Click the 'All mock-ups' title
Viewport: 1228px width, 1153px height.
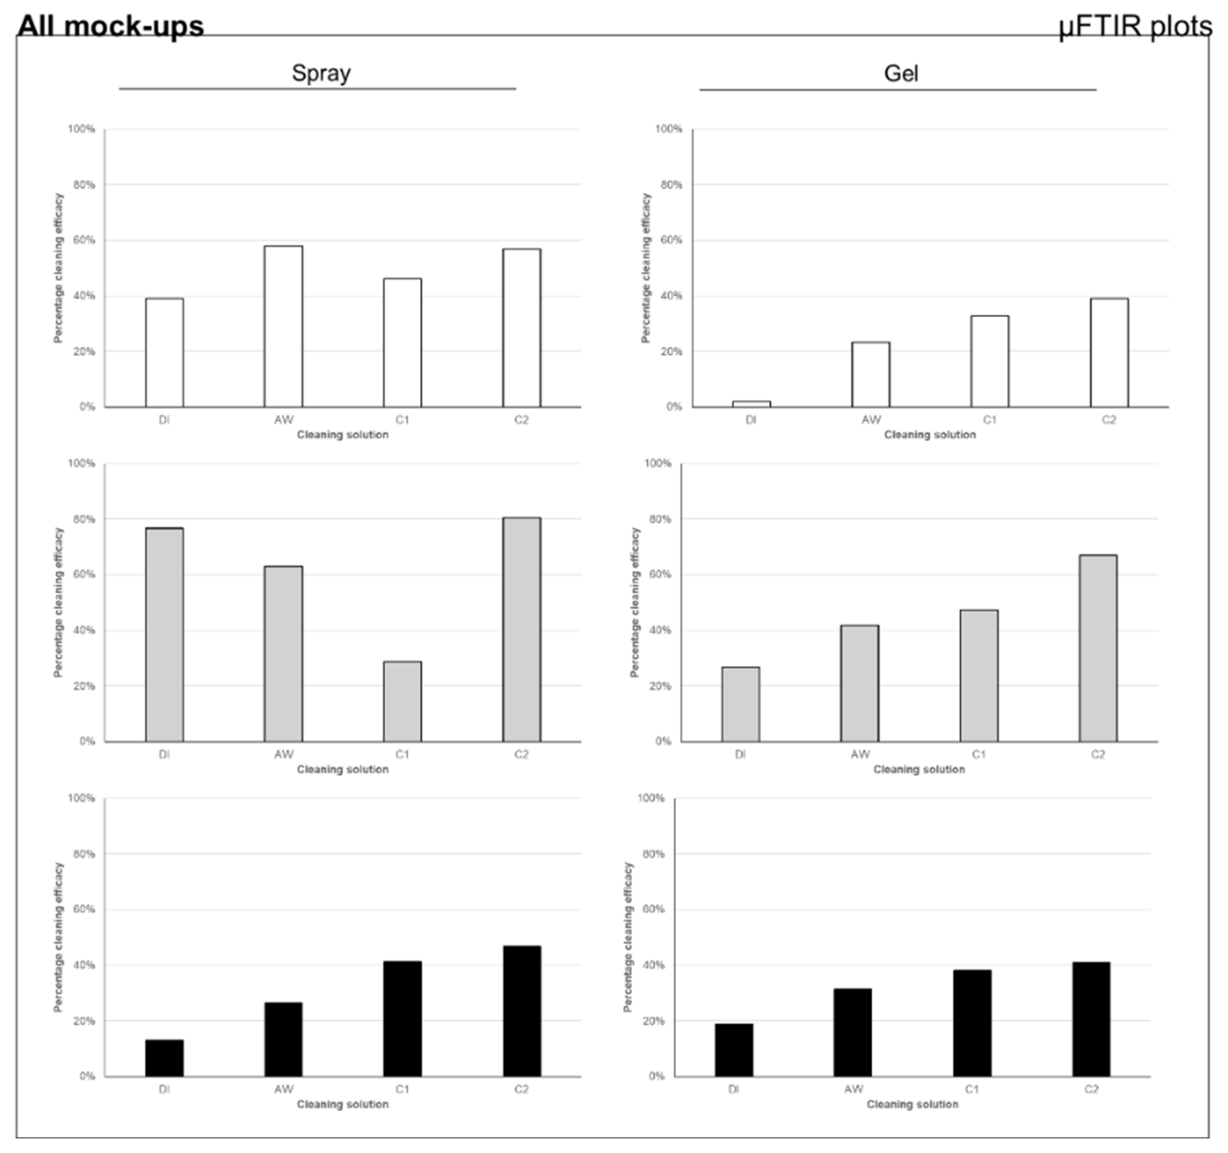tap(110, 27)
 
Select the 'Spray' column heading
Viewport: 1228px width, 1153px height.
tap(321, 73)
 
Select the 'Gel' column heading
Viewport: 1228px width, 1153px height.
tap(901, 73)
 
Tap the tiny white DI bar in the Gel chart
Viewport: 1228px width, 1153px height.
tap(751, 404)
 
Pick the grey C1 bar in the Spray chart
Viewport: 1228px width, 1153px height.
tap(402, 702)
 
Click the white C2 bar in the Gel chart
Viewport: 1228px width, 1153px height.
tap(1109, 353)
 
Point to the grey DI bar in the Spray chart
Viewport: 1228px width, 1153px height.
tap(165, 634)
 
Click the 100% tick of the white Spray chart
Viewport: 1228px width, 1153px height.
tap(82, 129)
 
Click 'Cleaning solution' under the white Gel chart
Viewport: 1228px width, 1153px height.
tap(930, 435)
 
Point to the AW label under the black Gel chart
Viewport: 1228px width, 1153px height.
tap(853, 1089)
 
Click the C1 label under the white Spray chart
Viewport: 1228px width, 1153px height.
tap(402, 420)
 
